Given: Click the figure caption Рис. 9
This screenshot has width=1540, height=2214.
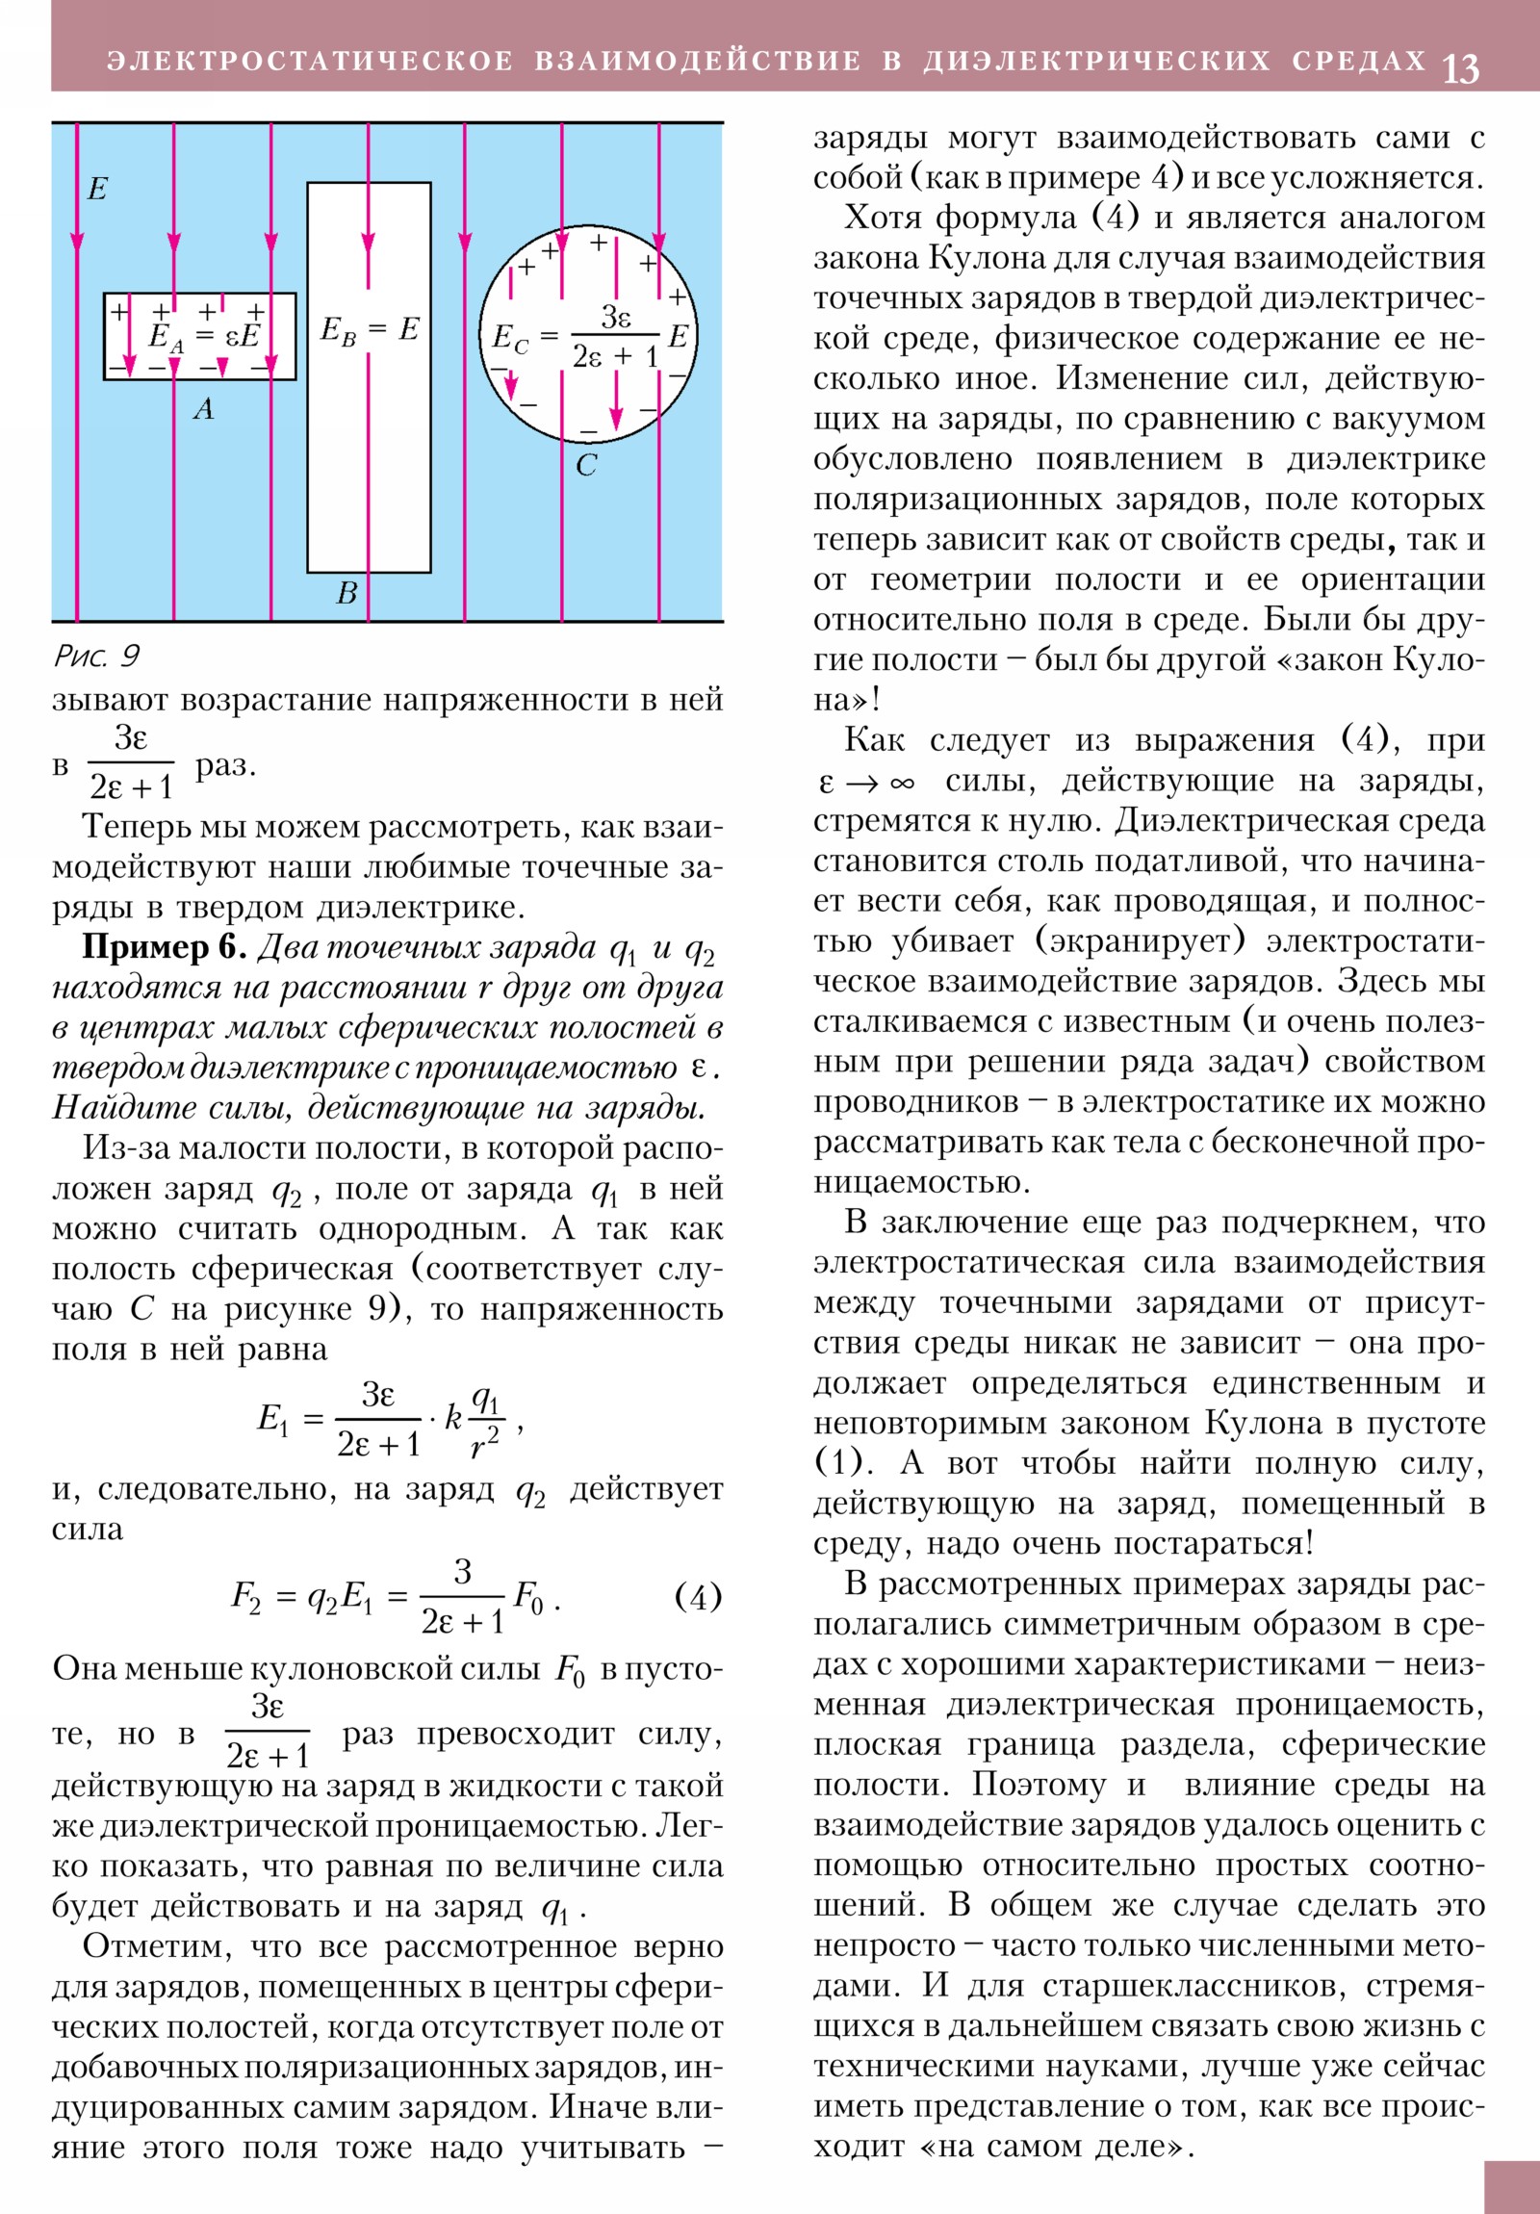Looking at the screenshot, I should click(x=96, y=656).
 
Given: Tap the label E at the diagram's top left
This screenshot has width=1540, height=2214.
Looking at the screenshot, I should click(x=96, y=189).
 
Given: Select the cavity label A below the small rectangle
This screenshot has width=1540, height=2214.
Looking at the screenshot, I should click(x=203, y=410).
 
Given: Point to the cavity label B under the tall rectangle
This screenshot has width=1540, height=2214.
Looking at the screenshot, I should click(x=346, y=593).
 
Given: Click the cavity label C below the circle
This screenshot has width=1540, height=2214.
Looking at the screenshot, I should click(x=586, y=466).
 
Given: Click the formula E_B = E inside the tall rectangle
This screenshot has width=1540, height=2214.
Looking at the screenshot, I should click(x=370, y=331).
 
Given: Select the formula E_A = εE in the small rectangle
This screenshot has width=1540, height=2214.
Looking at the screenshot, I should click(x=203, y=337).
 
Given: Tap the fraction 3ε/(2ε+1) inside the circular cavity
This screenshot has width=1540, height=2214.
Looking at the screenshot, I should click(x=614, y=337).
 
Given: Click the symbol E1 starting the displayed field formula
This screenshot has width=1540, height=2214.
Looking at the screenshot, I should click(x=272, y=1420).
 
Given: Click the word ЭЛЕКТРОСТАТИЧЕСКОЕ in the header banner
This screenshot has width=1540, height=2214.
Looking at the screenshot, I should click(x=310, y=61).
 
